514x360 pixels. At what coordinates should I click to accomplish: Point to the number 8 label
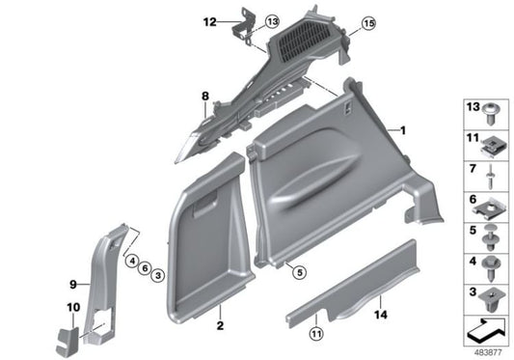pyautogui.click(x=204, y=96)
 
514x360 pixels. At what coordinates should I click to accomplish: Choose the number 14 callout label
pyautogui.click(x=381, y=315)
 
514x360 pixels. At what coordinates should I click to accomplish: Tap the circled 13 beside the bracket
pyautogui.click(x=272, y=20)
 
